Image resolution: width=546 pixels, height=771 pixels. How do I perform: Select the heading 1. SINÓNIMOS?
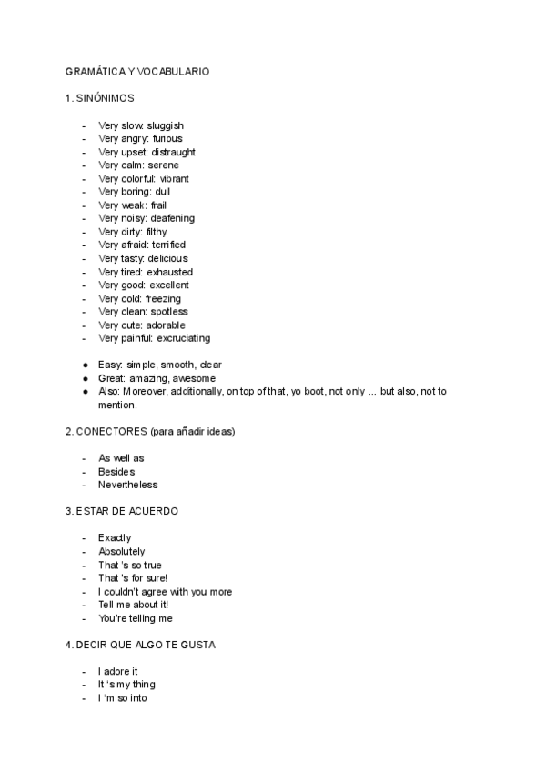point(101,97)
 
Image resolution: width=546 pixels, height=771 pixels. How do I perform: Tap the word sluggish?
point(166,125)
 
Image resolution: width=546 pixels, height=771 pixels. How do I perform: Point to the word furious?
point(167,139)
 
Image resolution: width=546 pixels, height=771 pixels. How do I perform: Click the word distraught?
point(172,153)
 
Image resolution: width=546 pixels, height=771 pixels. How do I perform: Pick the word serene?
point(163,165)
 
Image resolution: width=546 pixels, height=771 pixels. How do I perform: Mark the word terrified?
point(167,245)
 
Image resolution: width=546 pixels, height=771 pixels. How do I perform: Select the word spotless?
point(169,312)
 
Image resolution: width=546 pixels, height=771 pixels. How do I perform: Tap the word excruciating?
point(183,338)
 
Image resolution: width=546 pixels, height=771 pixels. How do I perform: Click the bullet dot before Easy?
point(85,365)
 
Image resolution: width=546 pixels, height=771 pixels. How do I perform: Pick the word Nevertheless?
point(127,485)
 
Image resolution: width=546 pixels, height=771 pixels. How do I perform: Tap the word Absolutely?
point(121,552)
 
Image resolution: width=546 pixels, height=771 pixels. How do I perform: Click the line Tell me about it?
point(133,605)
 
